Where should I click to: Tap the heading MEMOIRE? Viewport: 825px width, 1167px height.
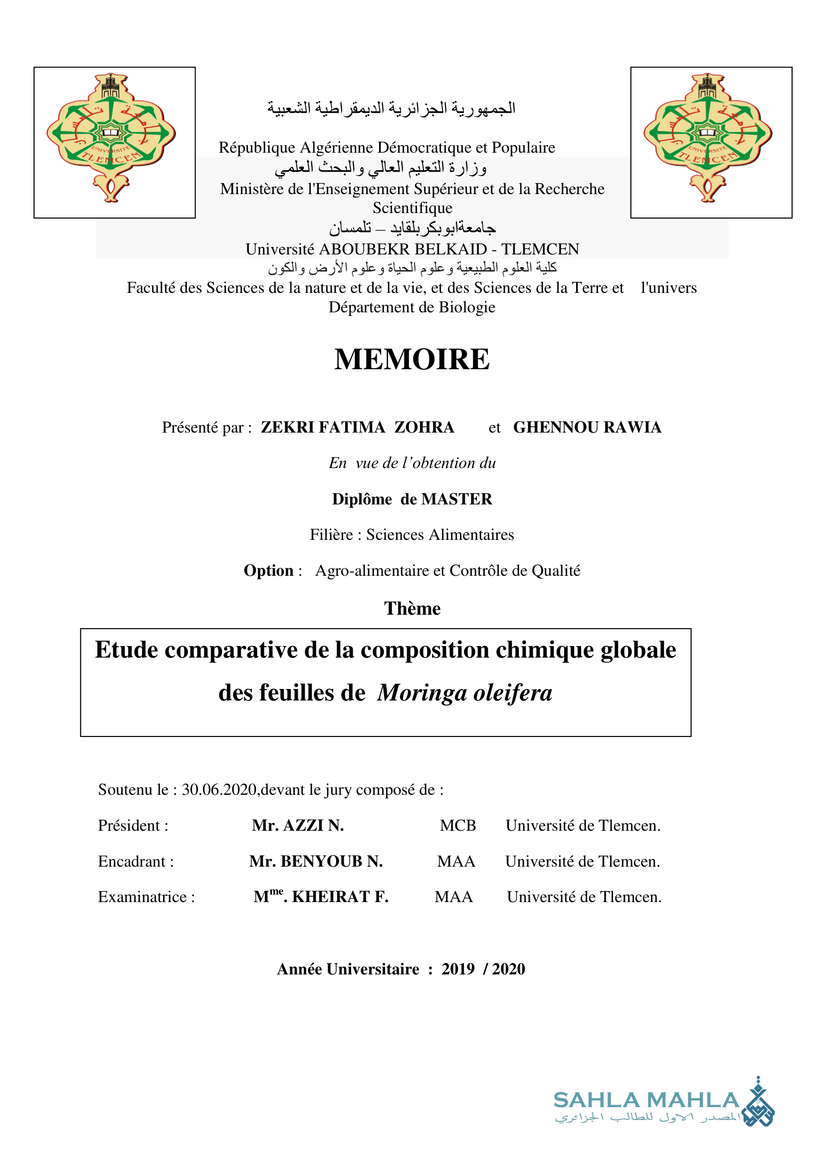412,359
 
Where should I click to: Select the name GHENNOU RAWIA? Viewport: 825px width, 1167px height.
587,428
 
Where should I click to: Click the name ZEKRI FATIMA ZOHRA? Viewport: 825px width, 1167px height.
358,428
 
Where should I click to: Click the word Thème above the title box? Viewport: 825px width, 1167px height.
412,608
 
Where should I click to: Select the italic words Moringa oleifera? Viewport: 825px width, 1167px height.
464,693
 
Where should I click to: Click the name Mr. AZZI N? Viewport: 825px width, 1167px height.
298,825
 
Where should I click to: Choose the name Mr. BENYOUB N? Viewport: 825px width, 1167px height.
316,862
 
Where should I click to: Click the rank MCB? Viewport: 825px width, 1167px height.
458,825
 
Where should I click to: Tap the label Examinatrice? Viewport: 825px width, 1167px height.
146,897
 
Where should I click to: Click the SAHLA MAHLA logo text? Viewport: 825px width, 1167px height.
646,1101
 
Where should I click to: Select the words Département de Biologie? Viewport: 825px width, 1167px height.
412,307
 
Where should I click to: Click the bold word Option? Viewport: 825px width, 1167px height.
269,571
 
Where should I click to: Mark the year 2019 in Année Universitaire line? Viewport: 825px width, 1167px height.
458,969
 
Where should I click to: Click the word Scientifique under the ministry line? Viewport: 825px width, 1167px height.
412,208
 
